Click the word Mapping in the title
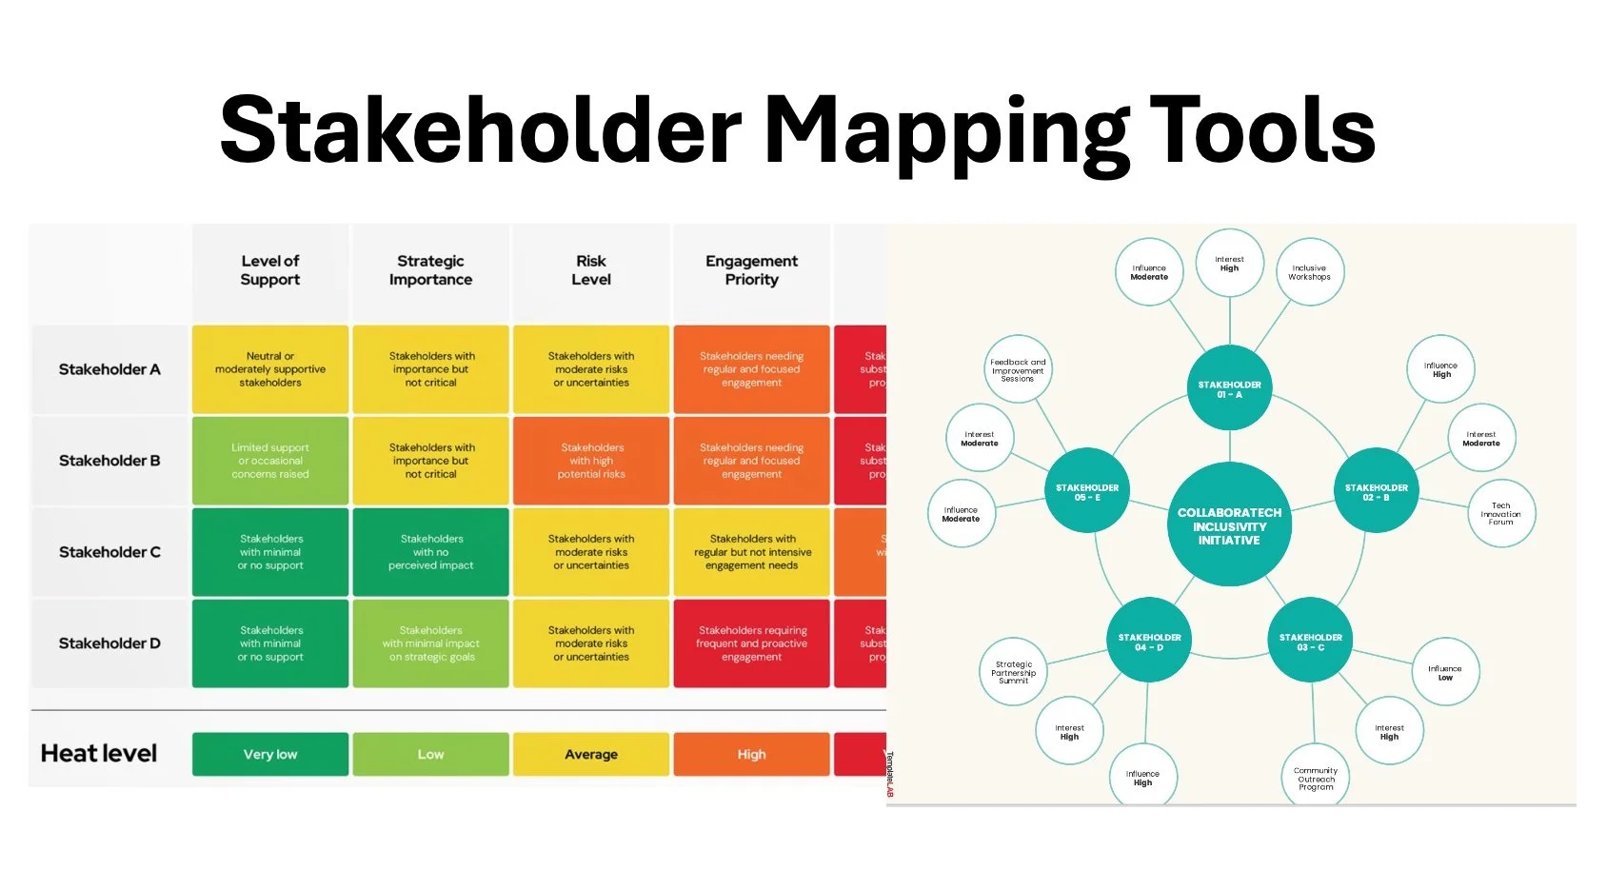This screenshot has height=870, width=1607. pos(946,131)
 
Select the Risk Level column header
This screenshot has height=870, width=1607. pos(591,270)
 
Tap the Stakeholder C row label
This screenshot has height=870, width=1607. pos(109,552)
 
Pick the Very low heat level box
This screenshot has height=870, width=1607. pos(270,754)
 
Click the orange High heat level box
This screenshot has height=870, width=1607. pos(751,754)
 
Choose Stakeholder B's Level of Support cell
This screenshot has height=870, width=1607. pos(270,461)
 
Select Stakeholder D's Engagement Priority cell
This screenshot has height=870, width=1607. pos(751,643)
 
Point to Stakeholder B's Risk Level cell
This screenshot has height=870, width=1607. pos(591,461)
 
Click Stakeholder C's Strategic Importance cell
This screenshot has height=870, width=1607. pos(430,552)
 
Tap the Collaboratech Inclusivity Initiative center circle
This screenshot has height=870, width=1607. pos(1229,525)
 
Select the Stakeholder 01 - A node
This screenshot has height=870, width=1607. pos(1229,388)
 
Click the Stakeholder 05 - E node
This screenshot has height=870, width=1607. pos(1087,491)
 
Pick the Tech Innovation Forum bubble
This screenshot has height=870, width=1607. pos(1500,514)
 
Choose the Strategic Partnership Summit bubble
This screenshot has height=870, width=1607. pos(1014,672)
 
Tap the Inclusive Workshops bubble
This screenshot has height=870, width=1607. pos(1309,272)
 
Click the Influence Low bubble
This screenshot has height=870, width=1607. pos(1444,672)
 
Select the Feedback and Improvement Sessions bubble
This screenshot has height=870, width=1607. pos(1018,369)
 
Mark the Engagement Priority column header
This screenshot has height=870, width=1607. pos(751,270)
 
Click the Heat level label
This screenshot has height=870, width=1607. pos(99,754)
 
